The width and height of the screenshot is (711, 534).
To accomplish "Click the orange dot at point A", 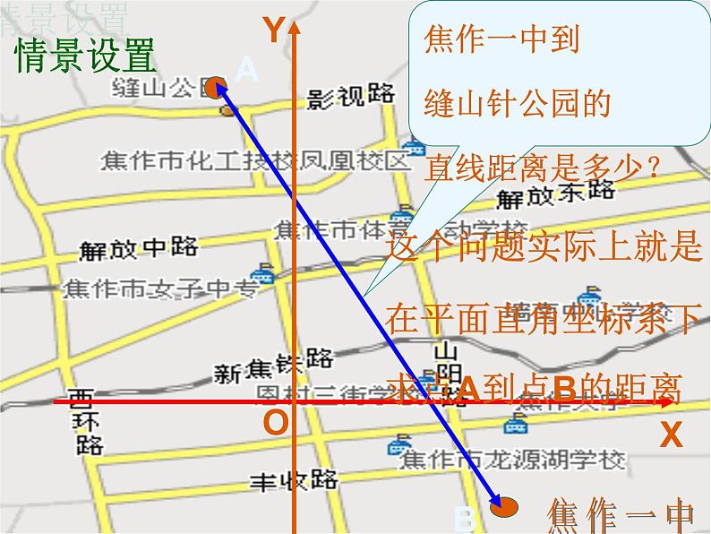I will (214, 87).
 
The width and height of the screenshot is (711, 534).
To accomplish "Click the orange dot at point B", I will (505, 507).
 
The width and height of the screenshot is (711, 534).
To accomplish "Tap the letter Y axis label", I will (272, 31).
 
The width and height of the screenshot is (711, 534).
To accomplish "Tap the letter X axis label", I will (671, 435).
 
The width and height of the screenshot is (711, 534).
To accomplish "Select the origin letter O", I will (277, 422).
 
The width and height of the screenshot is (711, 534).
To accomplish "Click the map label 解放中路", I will (138, 247).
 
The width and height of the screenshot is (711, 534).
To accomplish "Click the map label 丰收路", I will (293, 479).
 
